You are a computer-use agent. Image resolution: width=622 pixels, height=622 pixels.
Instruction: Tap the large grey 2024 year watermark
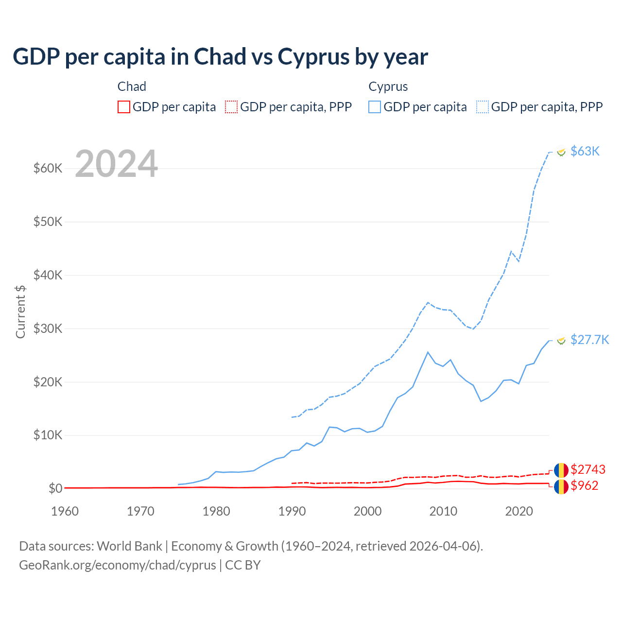117,164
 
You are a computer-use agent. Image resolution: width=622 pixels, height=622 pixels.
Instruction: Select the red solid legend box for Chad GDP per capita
124,107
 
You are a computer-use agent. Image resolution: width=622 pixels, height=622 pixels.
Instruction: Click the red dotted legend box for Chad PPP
231,107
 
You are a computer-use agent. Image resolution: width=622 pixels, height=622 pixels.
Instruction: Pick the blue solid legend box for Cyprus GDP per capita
375,107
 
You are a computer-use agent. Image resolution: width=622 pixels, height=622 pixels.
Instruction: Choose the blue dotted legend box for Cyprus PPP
483,107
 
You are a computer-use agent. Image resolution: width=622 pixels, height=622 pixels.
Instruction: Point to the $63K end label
585,151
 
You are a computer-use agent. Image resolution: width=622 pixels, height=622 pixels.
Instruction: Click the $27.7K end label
589,339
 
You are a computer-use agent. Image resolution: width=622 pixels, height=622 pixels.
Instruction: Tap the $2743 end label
588,469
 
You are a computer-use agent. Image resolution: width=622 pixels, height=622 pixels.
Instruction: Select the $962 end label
584,485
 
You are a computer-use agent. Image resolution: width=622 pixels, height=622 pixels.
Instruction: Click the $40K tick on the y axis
48,275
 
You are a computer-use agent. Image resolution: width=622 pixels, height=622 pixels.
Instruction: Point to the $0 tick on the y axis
55,488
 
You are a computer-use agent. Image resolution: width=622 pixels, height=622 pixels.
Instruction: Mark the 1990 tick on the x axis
292,511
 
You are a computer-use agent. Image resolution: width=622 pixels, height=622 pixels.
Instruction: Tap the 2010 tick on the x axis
443,511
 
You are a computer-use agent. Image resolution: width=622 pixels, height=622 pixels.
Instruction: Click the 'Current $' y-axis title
20,311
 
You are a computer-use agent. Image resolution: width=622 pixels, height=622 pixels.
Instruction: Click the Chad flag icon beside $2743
561,470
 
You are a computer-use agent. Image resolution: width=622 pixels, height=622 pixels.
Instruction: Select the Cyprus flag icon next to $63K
561,152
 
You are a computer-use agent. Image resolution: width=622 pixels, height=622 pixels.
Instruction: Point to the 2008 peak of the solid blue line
428,352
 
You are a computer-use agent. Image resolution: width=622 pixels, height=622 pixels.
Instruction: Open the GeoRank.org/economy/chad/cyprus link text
118,565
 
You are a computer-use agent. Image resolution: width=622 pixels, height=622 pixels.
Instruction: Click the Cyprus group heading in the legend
388,86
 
